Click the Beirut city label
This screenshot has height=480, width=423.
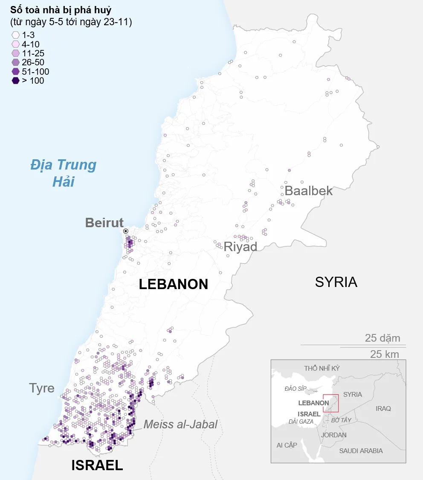click(x=104, y=222)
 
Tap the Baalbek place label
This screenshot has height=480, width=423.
click(x=308, y=190)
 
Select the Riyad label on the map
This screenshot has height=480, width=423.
click(x=240, y=247)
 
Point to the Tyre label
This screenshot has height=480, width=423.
click(x=42, y=388)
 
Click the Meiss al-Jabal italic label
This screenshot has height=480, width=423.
click(x=180, y=424)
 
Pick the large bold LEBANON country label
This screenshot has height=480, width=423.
click(x=174, y=284)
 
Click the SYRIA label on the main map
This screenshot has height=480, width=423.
click(x=336, y=282)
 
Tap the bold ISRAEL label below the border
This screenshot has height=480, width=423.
click(x=97, y=465)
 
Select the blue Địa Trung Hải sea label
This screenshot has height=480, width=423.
click(x=64, y=173)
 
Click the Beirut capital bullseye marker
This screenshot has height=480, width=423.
click(x=126, y=231)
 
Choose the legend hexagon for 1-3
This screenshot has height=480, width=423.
click(x=16, y=35)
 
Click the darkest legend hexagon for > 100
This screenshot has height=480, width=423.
click(x=16, y=81)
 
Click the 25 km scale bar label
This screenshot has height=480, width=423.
click(x=384, y=354)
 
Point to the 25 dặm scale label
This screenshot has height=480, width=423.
click(x=382, y=338)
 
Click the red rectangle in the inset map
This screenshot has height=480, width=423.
click(x=331, y=403)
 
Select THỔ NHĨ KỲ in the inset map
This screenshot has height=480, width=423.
click(x=322, y=368)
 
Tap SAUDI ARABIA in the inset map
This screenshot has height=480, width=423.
click(x=361, y=451)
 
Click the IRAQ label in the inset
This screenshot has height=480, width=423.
click(x=383, y=409)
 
